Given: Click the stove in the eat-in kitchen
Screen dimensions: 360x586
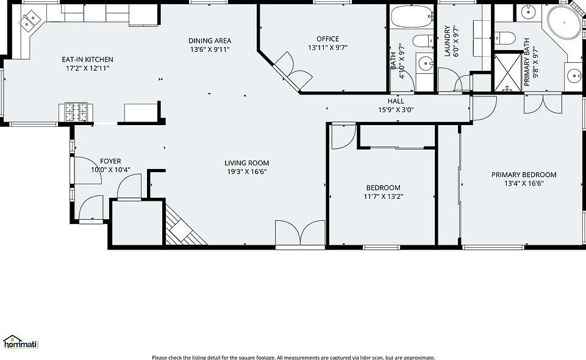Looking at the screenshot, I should pos(76,112).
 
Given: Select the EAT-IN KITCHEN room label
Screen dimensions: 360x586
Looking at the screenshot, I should pos(87,59).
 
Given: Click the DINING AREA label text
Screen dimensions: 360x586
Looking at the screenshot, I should pos(209,40).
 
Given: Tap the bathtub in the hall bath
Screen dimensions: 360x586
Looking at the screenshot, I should pos(411,16).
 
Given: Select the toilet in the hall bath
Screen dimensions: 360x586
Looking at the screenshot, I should pos(421,41).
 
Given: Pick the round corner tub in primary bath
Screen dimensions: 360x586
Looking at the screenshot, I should pos(563,24).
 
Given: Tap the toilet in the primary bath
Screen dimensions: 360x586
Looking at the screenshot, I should pos(503,38).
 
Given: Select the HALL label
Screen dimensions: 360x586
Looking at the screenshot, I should pos(396,101).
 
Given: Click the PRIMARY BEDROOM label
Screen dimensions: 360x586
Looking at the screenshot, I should pos(523,175).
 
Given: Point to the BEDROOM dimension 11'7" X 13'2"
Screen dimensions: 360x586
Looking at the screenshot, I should pos(383,196).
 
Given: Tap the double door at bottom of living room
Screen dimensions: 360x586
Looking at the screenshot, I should pos(300,234).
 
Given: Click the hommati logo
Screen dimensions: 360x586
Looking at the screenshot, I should pos(20,342).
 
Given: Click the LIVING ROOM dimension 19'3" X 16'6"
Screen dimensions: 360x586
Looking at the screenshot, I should pos(246,171).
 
